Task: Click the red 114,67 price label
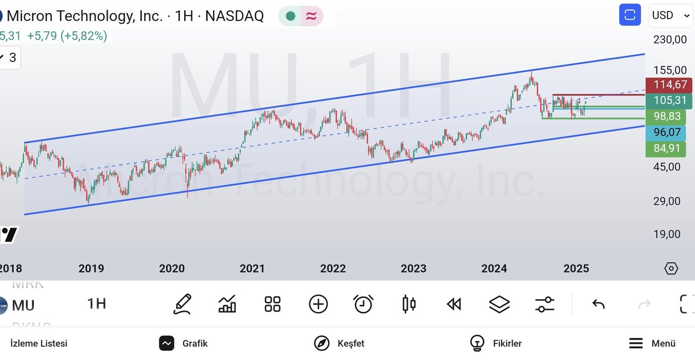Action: [670, 85]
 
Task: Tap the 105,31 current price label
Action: [670, 101]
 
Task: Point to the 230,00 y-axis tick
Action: [670, 39]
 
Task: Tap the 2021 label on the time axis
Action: [252, 269]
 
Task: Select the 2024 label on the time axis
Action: [494, 269]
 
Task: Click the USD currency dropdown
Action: [670, 15]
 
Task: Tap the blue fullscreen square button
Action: [630, 15]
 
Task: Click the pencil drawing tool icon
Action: [182, 304]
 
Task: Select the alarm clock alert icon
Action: [363, 304]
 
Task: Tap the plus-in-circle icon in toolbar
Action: [318, 304]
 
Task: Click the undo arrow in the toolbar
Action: [598, 304]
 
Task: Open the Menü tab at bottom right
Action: [653, 343]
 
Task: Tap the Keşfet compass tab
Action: [339, 343]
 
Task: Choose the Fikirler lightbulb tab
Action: [496, 343]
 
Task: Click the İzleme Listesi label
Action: [39, 343]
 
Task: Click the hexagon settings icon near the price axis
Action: [671, 269]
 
